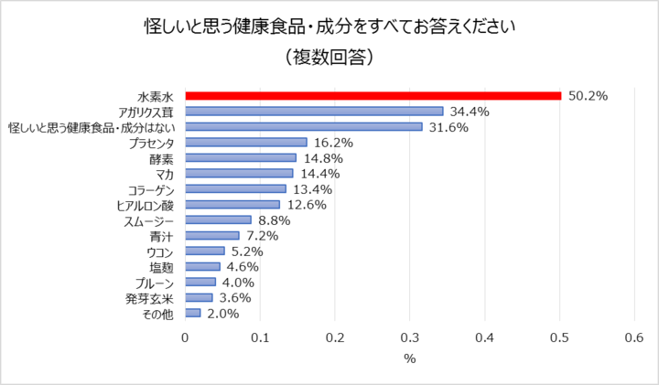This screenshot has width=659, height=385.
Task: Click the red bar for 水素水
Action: (373, 95)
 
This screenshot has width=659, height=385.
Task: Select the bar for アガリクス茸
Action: (314, 112)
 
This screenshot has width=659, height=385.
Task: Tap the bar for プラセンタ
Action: (246, 143)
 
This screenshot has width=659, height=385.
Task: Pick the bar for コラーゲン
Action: (235, 188)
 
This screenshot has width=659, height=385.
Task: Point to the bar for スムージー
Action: (219, 219)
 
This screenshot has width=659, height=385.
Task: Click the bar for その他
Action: (193, 313)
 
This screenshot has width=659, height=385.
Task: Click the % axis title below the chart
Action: (409, 358)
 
